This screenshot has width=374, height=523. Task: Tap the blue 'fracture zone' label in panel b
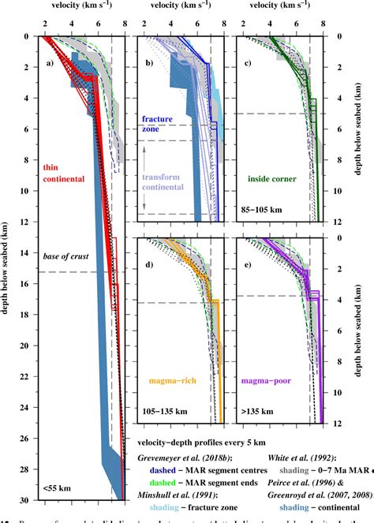(157, 124)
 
